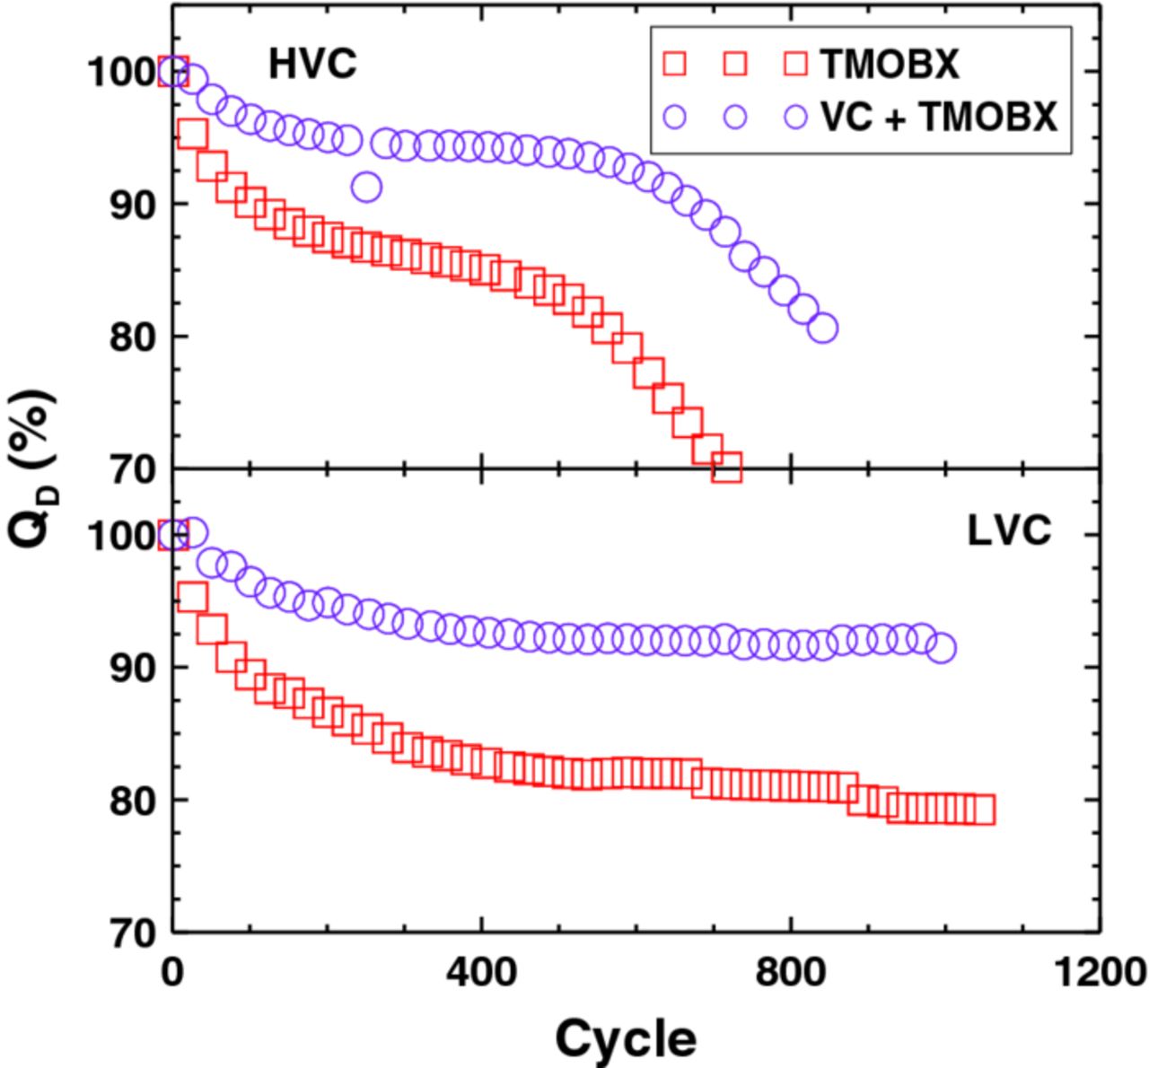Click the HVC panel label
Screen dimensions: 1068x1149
click(311, 65)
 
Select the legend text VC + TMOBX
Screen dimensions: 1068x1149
click(939, 117)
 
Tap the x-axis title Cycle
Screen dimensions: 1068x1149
click(625, 1039)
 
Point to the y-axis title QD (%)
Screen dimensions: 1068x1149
click(32, 468)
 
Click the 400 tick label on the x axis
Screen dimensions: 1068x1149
click(483, 972)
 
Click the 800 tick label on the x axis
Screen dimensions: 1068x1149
click(791, 972)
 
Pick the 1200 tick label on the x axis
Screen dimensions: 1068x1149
click(1099, 972)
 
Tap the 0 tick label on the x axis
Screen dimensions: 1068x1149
click(172, 972)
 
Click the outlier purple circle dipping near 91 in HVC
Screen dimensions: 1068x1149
click(366, 188)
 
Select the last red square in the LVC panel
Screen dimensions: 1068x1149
click(980, 810)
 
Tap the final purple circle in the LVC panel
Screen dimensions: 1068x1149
click(941, 648)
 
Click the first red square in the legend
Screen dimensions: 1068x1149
click(674, 64)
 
